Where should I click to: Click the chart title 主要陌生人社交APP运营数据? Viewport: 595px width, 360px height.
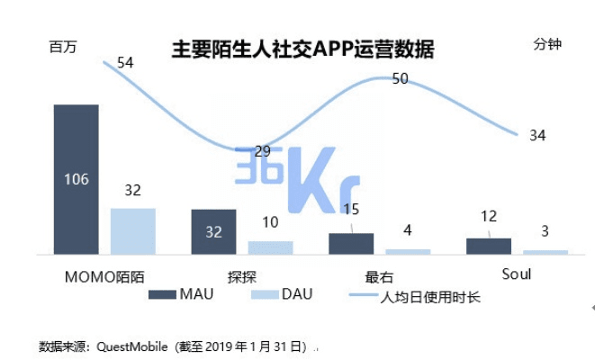coord(302,49)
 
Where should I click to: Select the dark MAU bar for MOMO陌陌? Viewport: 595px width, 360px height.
coord(77,179)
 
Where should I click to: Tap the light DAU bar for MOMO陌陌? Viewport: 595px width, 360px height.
coord(133,231)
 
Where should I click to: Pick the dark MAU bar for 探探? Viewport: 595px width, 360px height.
coord(213,232)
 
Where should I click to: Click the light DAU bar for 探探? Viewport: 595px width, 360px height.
coord(270,247)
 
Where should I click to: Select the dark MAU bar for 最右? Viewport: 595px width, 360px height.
coord(351,244)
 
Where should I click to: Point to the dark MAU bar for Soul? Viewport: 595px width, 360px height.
coord(489,246)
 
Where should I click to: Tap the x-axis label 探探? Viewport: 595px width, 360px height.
coord(241,274)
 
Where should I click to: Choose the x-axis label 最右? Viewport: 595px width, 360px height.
coord(379,275)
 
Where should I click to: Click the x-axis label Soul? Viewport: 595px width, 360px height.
coord(515,274)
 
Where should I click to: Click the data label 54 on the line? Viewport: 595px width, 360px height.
coord(125,63)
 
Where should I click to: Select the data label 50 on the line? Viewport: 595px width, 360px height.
coord(401,79)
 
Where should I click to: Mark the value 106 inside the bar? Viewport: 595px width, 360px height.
coord(77,179)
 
